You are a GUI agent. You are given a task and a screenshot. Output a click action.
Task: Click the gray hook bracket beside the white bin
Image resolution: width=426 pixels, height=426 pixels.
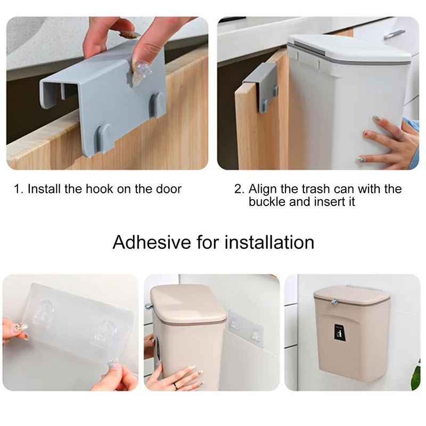click(261, 85)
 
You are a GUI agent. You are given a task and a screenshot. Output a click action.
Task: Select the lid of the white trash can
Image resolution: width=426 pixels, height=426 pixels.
click(349, 51)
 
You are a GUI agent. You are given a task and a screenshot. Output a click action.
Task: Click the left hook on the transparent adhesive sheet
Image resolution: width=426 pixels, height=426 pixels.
click(48, 315)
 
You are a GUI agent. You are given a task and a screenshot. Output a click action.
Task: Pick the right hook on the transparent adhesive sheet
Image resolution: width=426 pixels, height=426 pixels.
click(106, 333)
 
